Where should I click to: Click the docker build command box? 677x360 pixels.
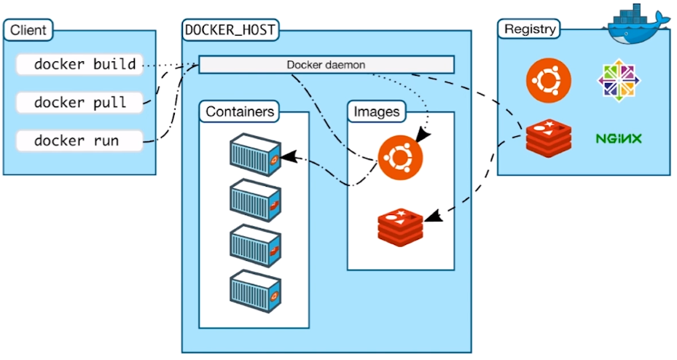79,65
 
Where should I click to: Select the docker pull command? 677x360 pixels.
79,103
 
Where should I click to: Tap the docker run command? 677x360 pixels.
79,141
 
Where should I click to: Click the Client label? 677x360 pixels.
28,30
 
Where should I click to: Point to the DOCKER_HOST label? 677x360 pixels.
230,30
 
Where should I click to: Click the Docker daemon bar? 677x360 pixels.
326,65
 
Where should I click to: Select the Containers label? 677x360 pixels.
240,111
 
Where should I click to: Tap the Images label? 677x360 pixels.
377,111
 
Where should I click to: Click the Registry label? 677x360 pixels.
529,29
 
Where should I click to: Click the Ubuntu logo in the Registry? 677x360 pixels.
548,80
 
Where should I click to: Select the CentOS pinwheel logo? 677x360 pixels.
619,81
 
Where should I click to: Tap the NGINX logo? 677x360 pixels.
619,138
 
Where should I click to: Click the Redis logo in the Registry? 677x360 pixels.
548,138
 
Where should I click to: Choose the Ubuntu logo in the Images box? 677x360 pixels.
400,157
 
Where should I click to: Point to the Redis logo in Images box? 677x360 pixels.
400,227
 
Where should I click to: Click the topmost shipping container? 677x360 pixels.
256,154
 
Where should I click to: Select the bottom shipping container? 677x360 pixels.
256,291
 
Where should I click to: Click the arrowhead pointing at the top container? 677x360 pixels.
290,157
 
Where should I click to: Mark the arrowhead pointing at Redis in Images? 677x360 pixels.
434,216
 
